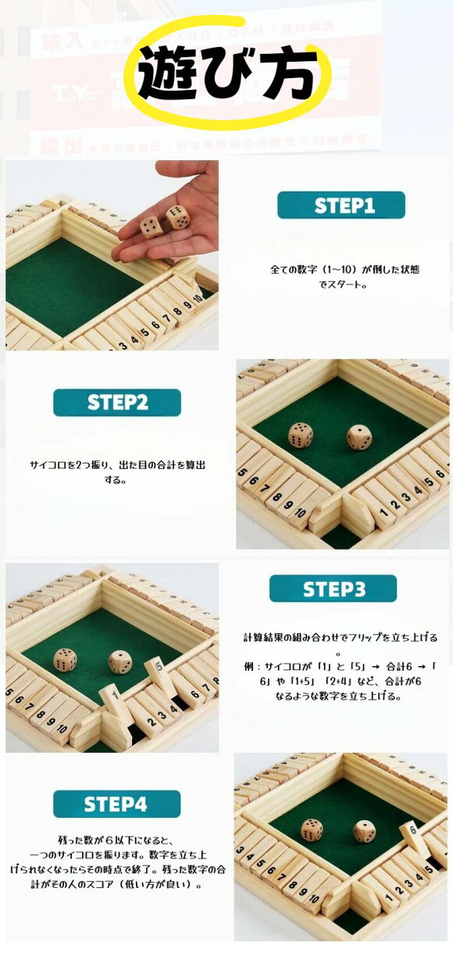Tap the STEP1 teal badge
[x=341, y=205]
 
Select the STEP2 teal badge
[x=117, y=403]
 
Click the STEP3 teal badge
[x=333, y=589]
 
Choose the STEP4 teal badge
[x=117, y=804]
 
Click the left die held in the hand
[x=151, y=227]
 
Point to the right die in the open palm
[x=177, y=217]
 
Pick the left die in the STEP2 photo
[x=301, y=435]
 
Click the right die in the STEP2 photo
[x=359, y=437]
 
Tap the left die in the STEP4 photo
[x=312, y=830]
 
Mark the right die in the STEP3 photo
[x=120, y=661]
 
